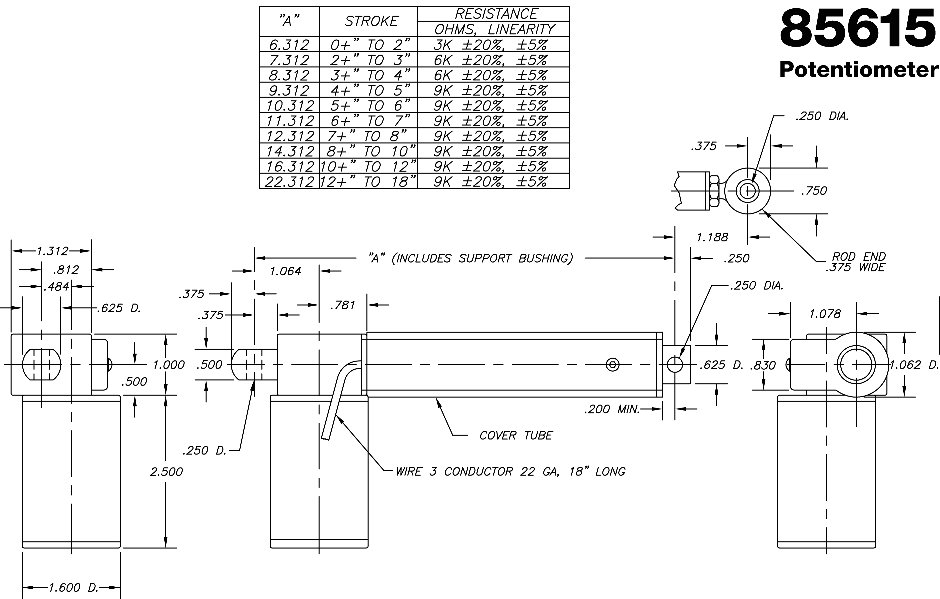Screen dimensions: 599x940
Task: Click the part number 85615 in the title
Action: pos(858,30)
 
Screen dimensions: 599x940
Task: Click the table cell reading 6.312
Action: pos(289,45)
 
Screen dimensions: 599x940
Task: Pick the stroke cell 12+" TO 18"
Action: pos(368,182)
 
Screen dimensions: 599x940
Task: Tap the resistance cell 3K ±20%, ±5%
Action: pos(490,45)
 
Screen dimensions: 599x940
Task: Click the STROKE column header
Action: pos(371,21)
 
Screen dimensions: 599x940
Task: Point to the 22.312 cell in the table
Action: pos(289,182)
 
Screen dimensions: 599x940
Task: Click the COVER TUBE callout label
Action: pos(516,435)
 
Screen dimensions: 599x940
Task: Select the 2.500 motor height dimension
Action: pos(166,471)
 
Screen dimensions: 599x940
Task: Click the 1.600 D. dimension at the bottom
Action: pos(73,587)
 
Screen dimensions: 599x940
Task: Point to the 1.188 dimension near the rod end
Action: pos(712,237)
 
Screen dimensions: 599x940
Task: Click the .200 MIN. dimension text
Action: pos(612,409)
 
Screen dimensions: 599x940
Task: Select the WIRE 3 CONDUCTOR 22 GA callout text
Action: pos(510,471)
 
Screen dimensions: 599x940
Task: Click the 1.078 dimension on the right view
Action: pos(824,314)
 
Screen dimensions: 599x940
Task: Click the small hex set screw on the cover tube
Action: pos(612,365)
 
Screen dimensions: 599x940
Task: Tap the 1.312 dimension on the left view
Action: pos(52,251)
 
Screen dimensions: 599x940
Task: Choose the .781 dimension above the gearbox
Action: pos(342,305)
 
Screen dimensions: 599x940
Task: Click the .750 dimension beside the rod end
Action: pos(814,191)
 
